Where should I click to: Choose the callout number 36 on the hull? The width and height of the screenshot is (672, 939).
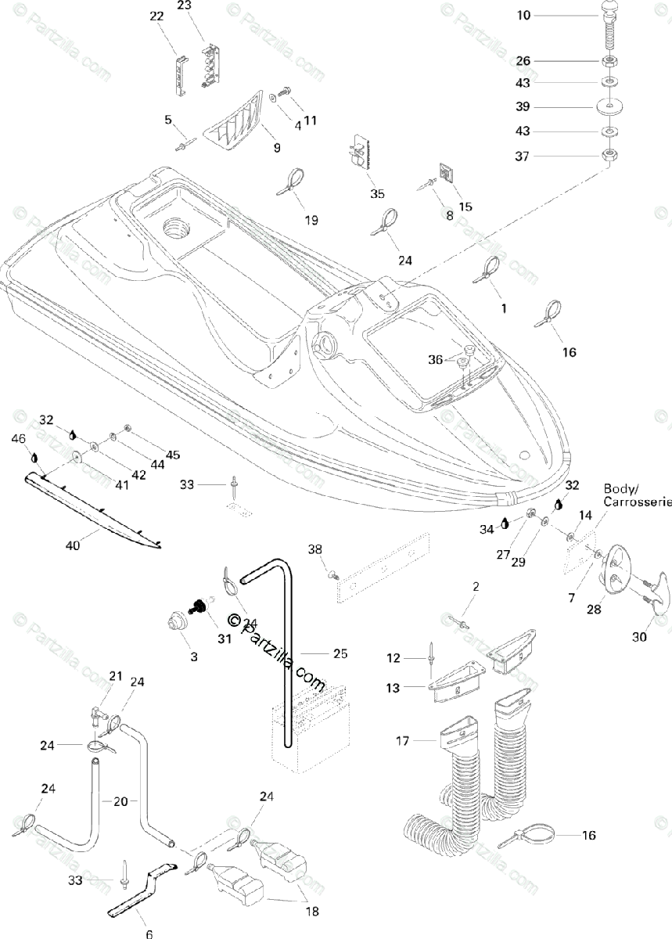[x=435, y=359]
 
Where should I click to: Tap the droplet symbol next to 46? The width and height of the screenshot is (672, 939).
[x=34, y=456]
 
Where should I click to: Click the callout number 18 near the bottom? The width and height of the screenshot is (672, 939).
[x=311, y=912]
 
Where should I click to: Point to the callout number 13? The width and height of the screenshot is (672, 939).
[x=393, y=688]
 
